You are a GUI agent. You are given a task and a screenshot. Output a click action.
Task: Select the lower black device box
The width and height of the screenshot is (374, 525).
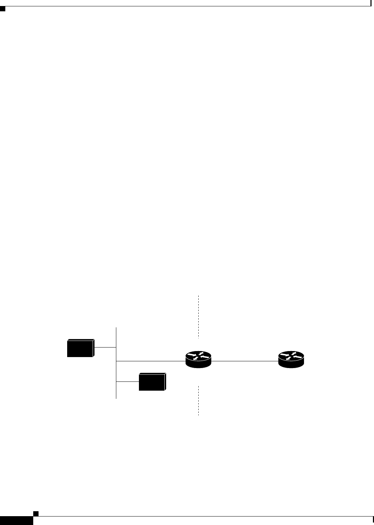(x=152, y=382)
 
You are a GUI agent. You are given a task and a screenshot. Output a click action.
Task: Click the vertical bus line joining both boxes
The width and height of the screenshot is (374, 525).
(x=116, y=389)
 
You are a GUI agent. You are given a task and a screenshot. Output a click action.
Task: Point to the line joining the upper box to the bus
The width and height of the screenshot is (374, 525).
(x=105, y=347)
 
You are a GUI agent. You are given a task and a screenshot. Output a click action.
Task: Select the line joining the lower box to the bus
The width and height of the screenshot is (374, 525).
(x=127, y=382)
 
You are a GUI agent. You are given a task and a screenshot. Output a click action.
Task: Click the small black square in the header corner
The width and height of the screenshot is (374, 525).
(x=3, y=8)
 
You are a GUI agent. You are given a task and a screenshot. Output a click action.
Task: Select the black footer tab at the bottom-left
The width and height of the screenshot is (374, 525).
(x=16, y=520)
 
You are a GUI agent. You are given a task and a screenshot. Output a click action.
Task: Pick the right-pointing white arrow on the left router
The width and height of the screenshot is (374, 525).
(x=192, y=355)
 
